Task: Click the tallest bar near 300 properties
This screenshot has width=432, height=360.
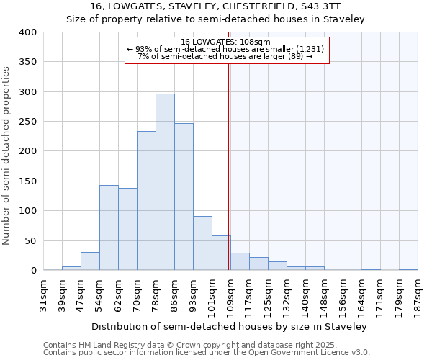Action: tap(165, 182)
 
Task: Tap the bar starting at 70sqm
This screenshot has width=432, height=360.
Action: tap(146, 201)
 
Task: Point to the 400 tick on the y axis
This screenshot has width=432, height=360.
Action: tap(27, 32)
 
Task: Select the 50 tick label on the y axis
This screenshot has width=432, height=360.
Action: tap(30, 241)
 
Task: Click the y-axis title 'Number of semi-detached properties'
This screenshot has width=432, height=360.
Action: tap(6, 155)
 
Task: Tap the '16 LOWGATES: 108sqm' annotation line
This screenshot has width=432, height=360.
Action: tap(225, 42)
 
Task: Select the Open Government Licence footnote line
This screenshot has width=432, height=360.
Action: tap(207, 353)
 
